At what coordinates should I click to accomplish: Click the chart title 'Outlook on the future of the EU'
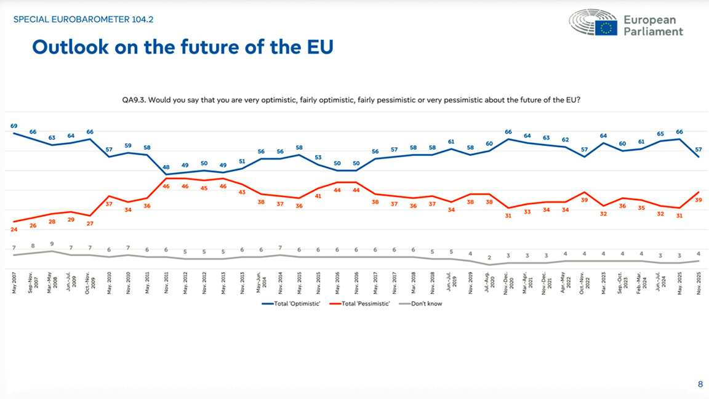click(x=182, y=47)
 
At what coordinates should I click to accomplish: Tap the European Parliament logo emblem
click(x=593, y=23)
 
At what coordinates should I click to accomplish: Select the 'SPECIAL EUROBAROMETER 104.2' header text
click(x=83, y=20)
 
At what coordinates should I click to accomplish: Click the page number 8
click(x=700, y=385)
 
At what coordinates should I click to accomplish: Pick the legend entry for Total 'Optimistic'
click(x=292, y=304)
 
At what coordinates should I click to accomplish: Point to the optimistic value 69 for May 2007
click(x=14, y=126)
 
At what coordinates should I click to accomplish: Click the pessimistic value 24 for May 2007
click(x=14, y=230)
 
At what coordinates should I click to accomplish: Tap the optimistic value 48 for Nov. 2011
click(x=166, y=167)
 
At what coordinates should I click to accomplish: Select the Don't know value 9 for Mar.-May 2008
click(x=52, y=244)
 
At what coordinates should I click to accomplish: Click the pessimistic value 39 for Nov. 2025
click(x=699, y=200)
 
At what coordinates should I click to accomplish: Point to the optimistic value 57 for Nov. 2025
click(x=699, y=150)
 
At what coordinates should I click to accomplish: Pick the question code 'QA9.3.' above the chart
click(x=133, y=100)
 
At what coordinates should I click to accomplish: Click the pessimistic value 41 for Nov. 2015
click(x=318, y=196)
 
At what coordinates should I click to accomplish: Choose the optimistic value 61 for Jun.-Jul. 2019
click(x=451, y=142)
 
